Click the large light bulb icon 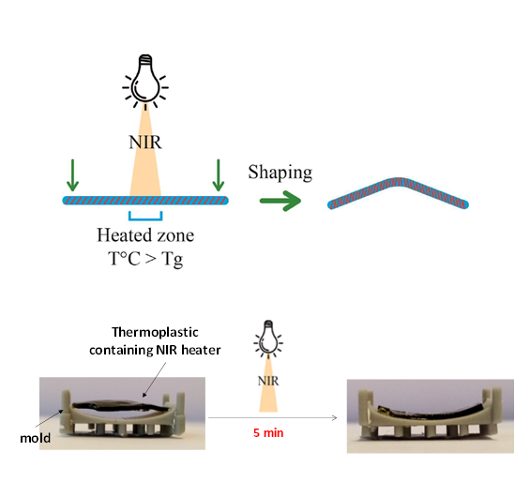point(145,81)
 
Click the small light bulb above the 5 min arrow point(268,339)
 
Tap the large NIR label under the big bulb point(145,143)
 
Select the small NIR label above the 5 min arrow point(268,381)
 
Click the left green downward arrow point(72,175)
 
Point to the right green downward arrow point(219,175)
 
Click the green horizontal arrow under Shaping point(280,201)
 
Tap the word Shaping point(280,173)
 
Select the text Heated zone point(145,235)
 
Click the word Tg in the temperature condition point(173,260)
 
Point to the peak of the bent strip point(398,180)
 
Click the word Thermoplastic point(155,333)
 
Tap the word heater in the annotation point(201,350)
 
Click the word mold point(35,438)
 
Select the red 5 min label point(268,433)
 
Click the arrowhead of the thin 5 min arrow point(336,418)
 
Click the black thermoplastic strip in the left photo point(122,405)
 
